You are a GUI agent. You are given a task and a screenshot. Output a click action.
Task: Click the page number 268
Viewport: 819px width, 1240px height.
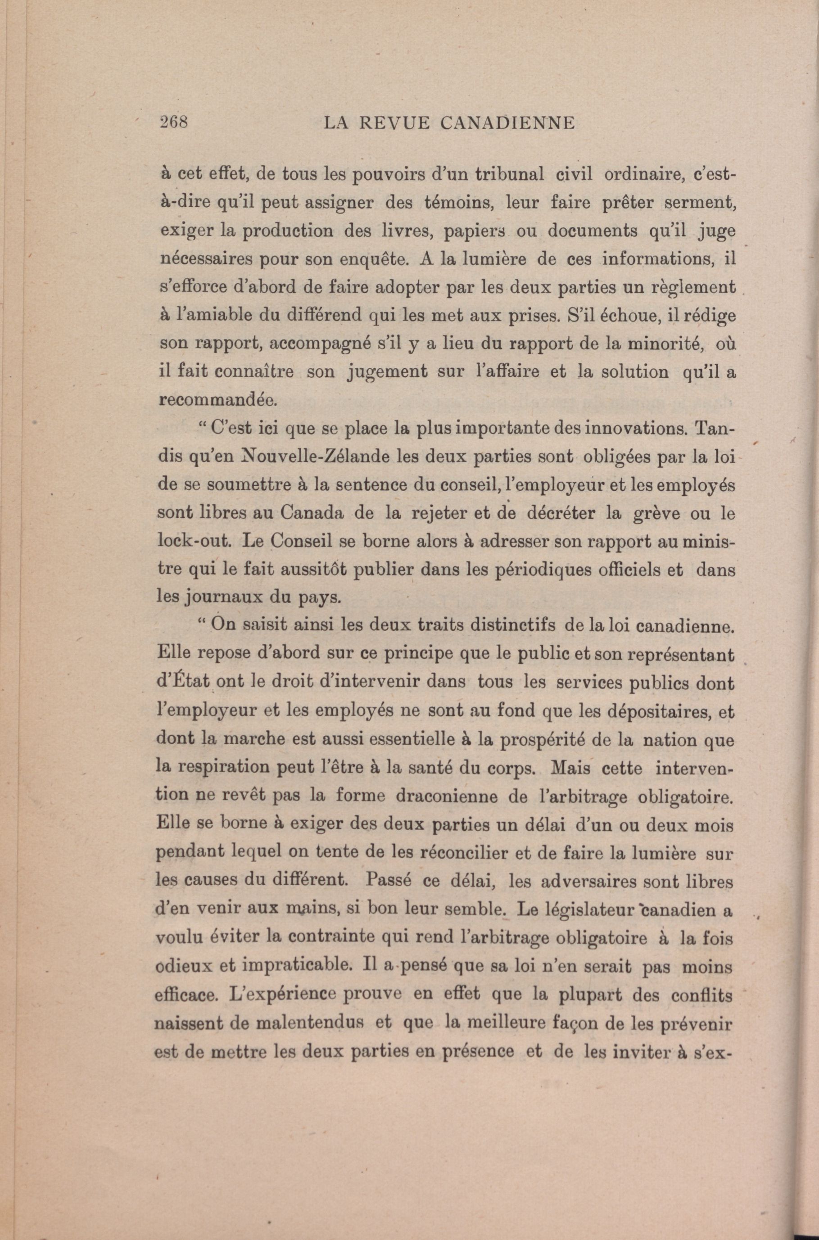(174, 123)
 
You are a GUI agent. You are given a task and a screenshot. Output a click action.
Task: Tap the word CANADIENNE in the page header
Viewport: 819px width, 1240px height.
(508, 123)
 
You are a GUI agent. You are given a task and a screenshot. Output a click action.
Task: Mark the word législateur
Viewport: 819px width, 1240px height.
(584, 910)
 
